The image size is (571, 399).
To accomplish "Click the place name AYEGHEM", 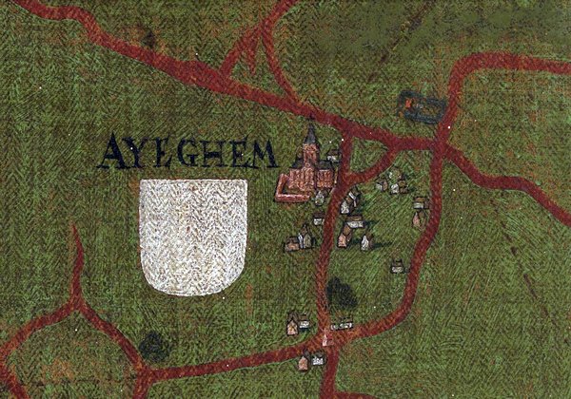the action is click(x=187, y=152).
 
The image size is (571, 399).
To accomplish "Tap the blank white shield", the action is click(x=193, y=233).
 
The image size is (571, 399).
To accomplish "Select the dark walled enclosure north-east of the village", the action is click(x=421, y=106).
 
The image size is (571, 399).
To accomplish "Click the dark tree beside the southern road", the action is click(x=340, y=293).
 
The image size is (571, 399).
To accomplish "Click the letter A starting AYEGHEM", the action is click(x=111, y=152).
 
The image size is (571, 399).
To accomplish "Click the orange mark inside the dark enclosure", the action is click(x=409, y=99).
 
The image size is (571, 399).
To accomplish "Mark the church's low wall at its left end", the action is click(x=279, y=197).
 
